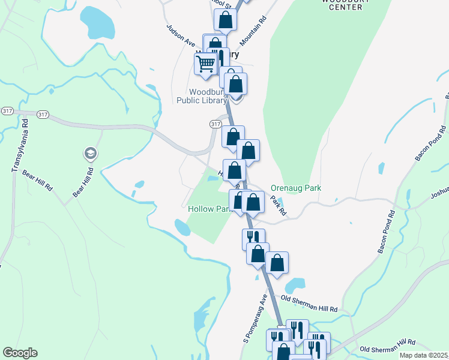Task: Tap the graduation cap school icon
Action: pyautogui.click(x=91, y=154)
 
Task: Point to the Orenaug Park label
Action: pyautogui.click(x=296, y=188)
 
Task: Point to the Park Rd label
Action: pyautogui.click(x=278, y=206)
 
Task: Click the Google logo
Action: pyautogui.click(x=20, y=353)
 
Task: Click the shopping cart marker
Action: pyautogui.click(x=206, y=64)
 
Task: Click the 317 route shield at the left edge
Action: pyautogui.click(x=8, y=111)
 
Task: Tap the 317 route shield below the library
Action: pyautogui.click(x=215, y=124)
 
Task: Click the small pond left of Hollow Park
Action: pyautogui.click(x=182, y=227)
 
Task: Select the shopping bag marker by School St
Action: pyautogui.click(x=226, y=20)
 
